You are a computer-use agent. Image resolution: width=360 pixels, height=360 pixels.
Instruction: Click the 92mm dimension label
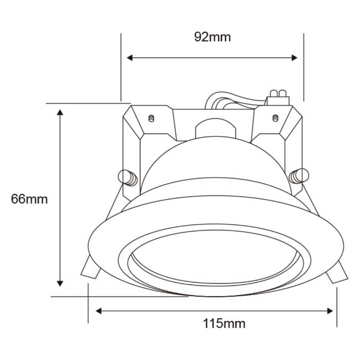coord(212,37)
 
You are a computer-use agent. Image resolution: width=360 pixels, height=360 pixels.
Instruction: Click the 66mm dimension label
coord(29,199)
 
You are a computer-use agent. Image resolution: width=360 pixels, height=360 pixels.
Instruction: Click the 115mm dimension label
coord(224,324)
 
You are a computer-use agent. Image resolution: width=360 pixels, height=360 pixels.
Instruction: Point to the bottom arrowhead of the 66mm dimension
coord(60,283)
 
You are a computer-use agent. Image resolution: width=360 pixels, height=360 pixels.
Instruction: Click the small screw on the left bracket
coord(152,118)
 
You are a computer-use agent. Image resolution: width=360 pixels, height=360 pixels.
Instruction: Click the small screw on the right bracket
coord(275,118)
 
